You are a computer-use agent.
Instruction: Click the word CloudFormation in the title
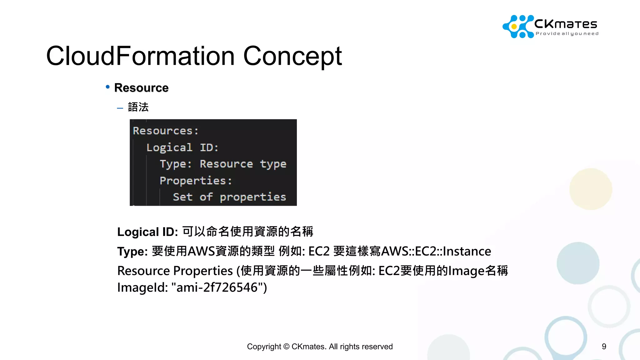click(x=140, y=56)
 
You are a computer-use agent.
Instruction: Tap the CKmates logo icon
click(x=517, y=27)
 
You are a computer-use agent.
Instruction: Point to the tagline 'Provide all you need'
click(x=567, y=34)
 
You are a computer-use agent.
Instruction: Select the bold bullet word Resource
click(x=141, y=88)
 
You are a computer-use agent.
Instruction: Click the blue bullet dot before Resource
click(x=108, y=87)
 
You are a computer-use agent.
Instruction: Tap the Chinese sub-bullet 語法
click(x=138, y=107)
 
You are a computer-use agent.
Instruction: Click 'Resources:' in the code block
click(x=165, y=131)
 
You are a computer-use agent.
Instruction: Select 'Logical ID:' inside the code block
click(x=182, y=147)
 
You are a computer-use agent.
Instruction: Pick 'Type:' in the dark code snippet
click(x=176, y=164)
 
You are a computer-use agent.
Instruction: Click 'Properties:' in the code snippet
click(x=196, y=181)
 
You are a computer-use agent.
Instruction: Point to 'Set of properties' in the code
click(x=229, y=197)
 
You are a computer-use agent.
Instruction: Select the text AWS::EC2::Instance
click(x=436, y=252)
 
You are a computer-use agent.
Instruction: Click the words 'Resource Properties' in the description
click(x=175, y=271)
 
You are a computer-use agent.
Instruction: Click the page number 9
click(x=604, y=346)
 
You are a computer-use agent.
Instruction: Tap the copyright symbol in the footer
click(x=286, y=347)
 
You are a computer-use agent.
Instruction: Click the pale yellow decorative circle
click(x=590, y=189)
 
